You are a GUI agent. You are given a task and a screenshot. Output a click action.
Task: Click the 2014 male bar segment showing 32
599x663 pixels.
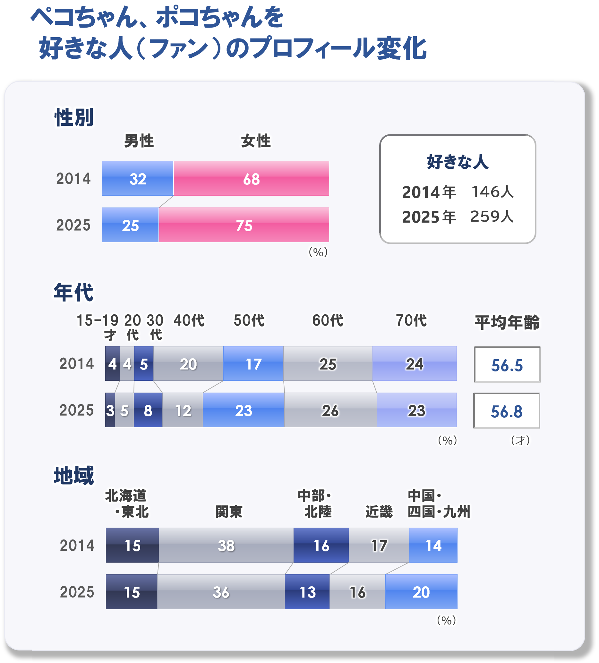(x=138, y=179)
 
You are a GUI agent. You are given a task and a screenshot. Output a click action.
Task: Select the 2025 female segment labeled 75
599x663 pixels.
(x=244, y=225)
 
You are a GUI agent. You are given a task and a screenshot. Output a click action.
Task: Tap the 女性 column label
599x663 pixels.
(x=255, y=141)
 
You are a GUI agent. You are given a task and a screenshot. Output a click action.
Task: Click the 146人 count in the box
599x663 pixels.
(x=492, y=192)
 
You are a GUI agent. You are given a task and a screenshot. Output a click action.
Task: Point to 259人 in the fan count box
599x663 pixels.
(x=492, y=217)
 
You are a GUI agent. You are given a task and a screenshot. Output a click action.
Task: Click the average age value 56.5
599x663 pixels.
(x=507, y=365)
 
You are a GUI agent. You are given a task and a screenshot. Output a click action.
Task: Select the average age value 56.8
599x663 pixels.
(x=506, y=411)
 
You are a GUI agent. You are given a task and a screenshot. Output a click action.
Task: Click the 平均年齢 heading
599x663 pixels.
(x=507, y=322)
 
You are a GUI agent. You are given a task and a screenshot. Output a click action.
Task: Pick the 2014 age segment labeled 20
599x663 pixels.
(x=188, y=364)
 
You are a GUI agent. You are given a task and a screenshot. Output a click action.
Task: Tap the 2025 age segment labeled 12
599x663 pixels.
(x=183, y=410)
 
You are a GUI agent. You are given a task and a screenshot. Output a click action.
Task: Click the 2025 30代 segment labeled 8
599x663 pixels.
(x=148, y=410)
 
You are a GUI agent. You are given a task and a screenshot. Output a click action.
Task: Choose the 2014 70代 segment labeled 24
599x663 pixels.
(x=414, y=364)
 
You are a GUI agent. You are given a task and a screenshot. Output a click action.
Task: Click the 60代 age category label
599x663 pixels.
(x=327, y=320)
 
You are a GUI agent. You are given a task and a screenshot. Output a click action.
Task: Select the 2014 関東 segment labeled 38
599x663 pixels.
(x=226, y=545)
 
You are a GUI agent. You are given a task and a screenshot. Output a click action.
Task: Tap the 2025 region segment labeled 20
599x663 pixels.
(x=421, y=592)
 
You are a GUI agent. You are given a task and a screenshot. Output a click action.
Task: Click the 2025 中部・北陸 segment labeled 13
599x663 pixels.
(x=307, y=592)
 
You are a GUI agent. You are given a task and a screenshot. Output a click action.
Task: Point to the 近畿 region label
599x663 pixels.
(x=379, y=511)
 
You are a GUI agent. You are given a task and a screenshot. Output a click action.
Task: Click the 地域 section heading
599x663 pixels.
(x=74, y=476)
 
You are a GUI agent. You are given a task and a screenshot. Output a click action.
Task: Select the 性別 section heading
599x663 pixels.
(x=74, y=117)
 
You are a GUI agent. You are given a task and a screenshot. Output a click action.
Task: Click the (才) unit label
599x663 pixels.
(x=520, y=440)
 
